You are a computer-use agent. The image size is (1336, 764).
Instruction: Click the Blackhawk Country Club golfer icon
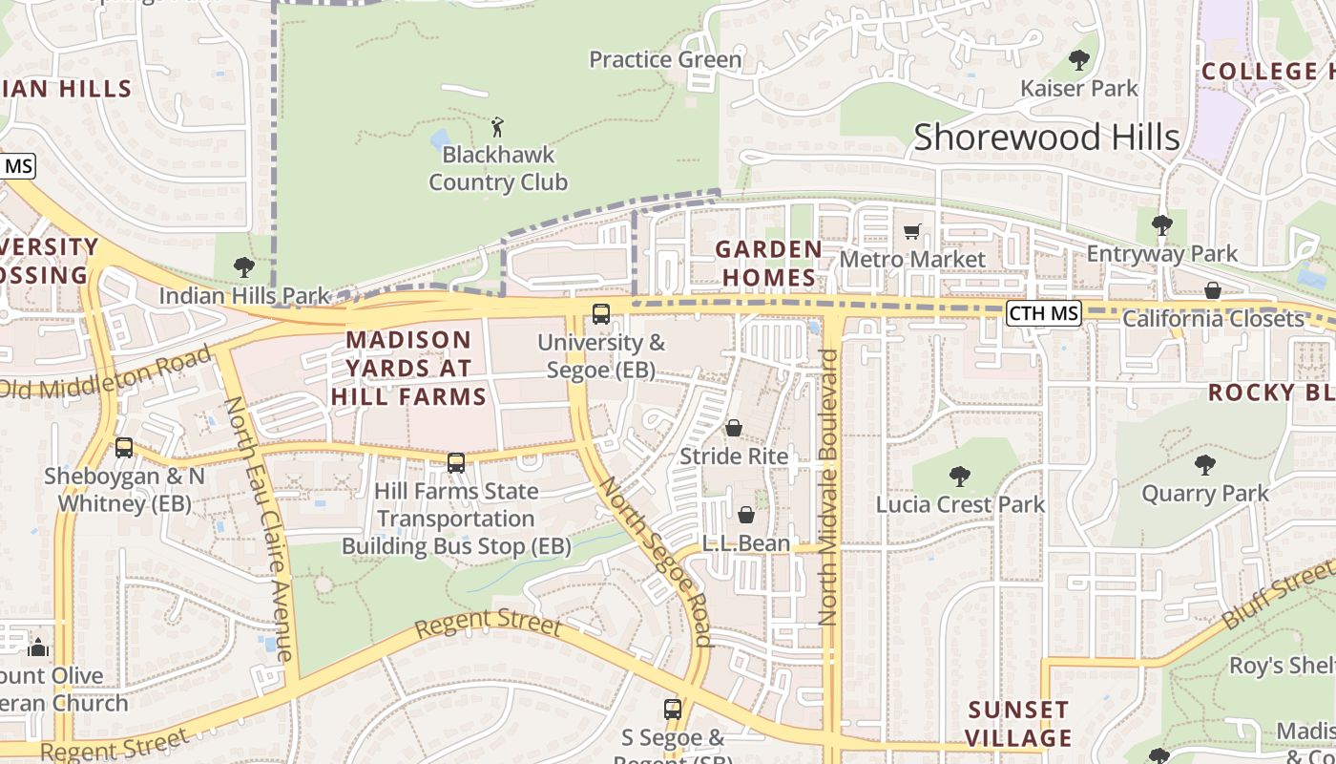[496, 126]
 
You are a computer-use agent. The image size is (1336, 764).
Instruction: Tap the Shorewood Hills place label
[1047, 138]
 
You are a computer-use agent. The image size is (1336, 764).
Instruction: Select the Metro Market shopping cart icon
[912, 231]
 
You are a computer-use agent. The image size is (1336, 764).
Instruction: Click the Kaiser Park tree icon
[1079, 60]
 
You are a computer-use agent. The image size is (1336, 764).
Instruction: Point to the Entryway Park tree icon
[1161, 225]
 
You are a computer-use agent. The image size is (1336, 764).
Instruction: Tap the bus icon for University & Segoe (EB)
[601, 313]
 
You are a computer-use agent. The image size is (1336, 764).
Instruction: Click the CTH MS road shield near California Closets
[1044, 313]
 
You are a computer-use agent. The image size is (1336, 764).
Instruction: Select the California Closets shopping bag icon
[1213, 290]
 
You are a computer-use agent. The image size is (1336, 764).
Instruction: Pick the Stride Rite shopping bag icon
[734, 428]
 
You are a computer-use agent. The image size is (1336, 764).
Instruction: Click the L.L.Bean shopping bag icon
[746, 515]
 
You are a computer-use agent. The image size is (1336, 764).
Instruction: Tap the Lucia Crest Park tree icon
[960, 476]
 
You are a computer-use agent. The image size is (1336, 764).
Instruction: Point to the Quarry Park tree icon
[1205, 465]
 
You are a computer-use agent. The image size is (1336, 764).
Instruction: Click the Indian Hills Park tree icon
[243, 267]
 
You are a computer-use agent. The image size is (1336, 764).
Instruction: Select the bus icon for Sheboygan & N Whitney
[124, 447]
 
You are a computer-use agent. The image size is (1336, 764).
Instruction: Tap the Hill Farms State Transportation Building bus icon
[456, 462]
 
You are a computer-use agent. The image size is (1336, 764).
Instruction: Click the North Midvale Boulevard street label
[828, 487]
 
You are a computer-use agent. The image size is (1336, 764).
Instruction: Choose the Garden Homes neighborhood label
[768, 264]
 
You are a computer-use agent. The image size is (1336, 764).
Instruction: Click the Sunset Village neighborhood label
[1018, 724]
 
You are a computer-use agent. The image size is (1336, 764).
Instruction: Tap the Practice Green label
[665, 59]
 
